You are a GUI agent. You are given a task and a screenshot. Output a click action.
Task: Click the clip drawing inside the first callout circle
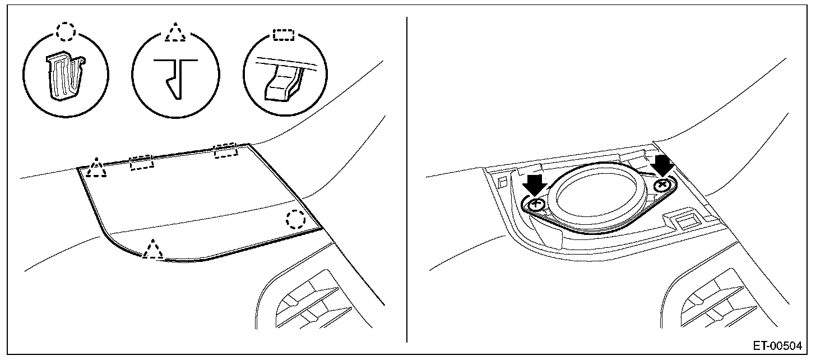(x=66, y=78)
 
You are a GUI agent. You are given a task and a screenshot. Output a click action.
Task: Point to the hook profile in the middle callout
(x=175, y=77)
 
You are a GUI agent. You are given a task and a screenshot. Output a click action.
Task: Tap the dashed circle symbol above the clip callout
(x=66, y=32)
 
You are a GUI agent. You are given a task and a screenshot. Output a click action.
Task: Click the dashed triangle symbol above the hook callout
(x=175, y=32)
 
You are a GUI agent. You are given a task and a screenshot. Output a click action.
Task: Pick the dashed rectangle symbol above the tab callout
(x=283, y=34)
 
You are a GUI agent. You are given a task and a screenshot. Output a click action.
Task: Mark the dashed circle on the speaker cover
(x=295, y=219)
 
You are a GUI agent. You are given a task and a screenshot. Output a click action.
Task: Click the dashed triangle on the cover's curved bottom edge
(x=152, y=248)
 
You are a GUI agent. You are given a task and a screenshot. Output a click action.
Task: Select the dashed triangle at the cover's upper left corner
(x=97, y=168)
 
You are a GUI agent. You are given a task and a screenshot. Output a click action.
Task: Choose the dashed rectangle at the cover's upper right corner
(x=226, y=150)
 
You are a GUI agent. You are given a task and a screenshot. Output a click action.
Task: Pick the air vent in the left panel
(x=311, y=306)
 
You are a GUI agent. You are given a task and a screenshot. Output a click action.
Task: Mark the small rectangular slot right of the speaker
(x=684, y=221)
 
